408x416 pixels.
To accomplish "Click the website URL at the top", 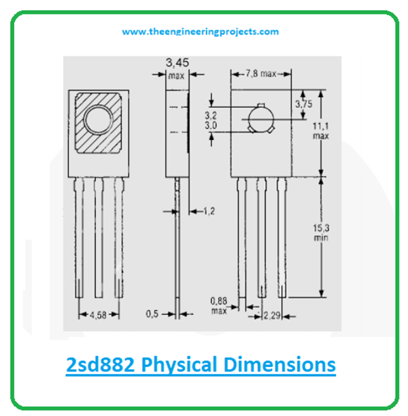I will pyautogui.click(x=201, y=31).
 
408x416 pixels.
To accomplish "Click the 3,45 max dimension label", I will pyautogui.click(x=177, y=69).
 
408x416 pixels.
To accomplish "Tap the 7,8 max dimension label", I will pyautogui.click(x=262, y=73).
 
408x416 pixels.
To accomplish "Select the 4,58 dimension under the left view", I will pyautogui.click(x=99, y=315).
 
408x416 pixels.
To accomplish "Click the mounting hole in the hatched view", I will pyautogui.click(x=99, y=120).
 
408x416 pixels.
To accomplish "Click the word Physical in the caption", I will pyautogui.click(x=183, y=364).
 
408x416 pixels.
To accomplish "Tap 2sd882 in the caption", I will pyautogui.click(x=99, y=364).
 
